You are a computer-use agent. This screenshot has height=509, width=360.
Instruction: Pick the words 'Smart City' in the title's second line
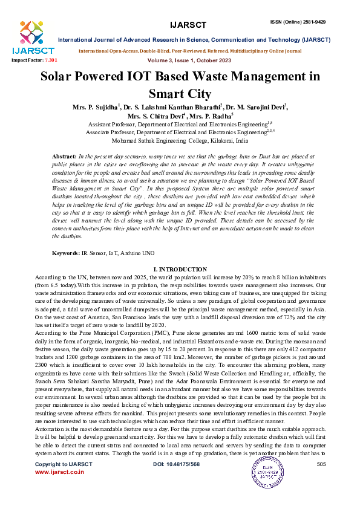click(x=180, y=94)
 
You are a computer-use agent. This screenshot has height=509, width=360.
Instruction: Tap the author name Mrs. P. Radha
click(x=214, y=116)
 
